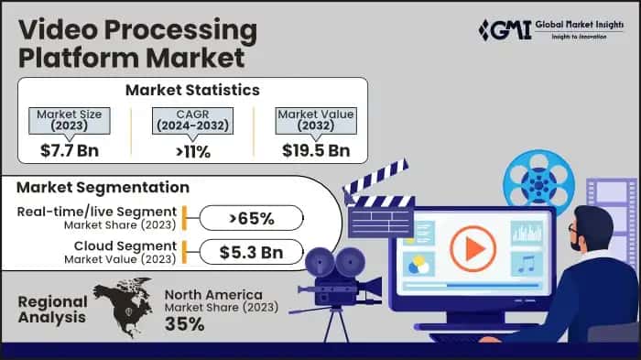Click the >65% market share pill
tap(250, 218)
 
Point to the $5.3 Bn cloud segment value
tap(250, 252)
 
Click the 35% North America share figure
tap(186, 324)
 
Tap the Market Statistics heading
tap(192, 90)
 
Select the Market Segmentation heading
tap(103, 188)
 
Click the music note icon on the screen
tap(526, 264)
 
